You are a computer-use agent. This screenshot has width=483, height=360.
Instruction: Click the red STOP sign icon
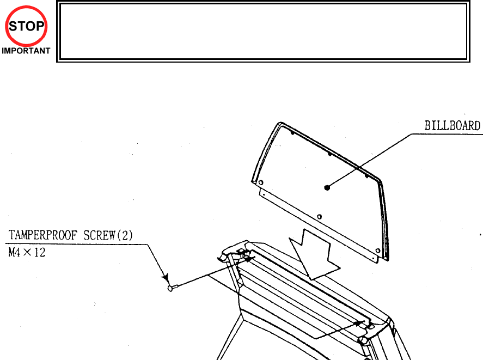(x=27, y=26)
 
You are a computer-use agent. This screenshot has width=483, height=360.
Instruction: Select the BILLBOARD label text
(x=452, y=126)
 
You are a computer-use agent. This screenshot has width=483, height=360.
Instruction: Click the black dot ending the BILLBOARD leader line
(x=327, y=187)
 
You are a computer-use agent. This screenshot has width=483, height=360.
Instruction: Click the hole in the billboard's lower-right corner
(x=378, y=251)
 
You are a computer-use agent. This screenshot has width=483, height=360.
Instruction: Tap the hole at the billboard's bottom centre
(x=319, y=216)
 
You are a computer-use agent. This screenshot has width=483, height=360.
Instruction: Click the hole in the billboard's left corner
(x=260, y=182)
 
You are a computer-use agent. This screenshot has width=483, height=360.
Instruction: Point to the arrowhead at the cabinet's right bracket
(x=358, y=322)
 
